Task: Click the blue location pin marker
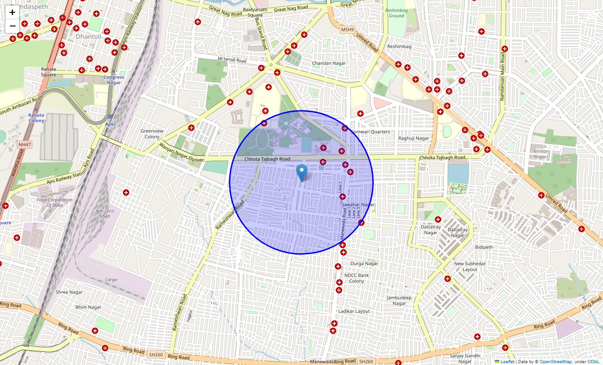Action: (x=301, y=173)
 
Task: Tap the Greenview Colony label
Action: (x=152, y=134)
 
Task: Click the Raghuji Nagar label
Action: (x=414, y=138)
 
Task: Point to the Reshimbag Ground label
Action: (x=396, y=13)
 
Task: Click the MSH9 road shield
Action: (x=347, y=30)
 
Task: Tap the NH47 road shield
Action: (x=24, y=145)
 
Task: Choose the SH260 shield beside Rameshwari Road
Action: (x=156, y=355)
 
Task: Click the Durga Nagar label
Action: (x=364, y=263)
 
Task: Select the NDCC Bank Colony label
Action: (x=357, y=278)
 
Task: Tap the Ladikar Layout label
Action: (x=354, y=311)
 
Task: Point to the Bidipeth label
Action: (x=484, y=247)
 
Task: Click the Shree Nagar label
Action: (x=69, y=292)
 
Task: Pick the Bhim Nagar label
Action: (x=88, y=307)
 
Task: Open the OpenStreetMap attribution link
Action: (x=555, y=362)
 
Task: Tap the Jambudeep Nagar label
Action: (x=399, y=301)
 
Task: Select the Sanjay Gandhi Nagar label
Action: (x=465, y=359)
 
